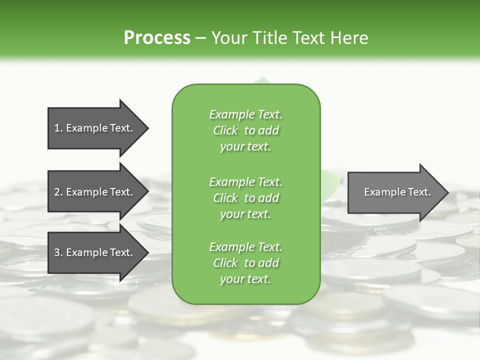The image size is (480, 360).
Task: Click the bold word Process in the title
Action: tap(157, 38)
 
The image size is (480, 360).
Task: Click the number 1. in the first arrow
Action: tap(58, 128)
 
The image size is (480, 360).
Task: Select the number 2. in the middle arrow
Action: tap(58, 192)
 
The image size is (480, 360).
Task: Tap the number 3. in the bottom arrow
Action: tap(58, 252)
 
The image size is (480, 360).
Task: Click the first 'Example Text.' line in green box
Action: tap(245, 114)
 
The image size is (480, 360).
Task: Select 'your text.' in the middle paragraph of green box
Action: tap(245, 214)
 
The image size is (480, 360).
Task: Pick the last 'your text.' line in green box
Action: tap(245, 279)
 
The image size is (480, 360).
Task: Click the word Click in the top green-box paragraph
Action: tap(225, 130)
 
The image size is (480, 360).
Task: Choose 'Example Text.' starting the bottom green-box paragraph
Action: tap(245, 247)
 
